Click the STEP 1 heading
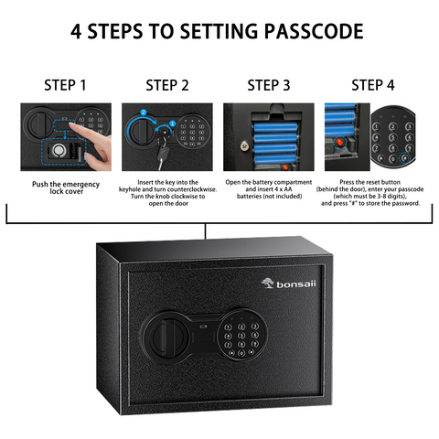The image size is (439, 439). pyautogui.click(x=65, y=86)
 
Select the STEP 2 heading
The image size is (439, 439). pyautogui.click(x=167, y=86)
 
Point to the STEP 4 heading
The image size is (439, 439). pyautogui.click(x=373, y=86)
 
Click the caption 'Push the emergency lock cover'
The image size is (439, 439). pyautogui.click(x=65, y=188)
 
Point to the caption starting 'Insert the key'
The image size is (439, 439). pyautogui.click(x=167, y=196)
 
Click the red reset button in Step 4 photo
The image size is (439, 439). pyautogui.click(x=342, y=142)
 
